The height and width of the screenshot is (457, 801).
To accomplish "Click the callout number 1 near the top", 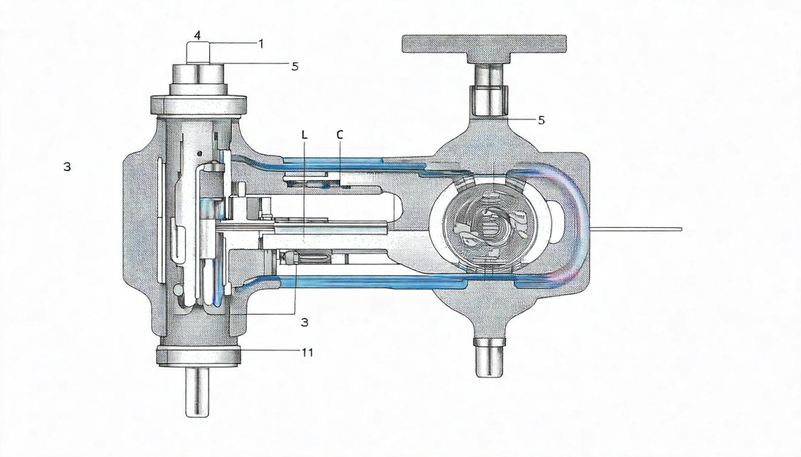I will coord(260,43).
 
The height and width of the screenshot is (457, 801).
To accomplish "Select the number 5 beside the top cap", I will coord(294,66).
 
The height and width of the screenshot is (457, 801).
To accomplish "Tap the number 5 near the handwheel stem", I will coord(541,120).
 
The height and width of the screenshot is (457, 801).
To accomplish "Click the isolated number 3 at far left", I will coord(67,167).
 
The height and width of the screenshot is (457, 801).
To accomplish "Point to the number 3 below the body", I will coord(304,322).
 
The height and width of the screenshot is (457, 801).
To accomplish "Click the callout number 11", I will coord(306,352).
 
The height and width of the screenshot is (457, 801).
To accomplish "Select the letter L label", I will coord(305,135).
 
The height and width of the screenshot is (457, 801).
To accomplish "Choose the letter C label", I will coord(340,135).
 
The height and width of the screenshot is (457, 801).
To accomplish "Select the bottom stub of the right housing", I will coord(490,356).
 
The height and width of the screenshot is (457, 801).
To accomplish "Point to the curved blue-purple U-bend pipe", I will coord(572,226).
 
